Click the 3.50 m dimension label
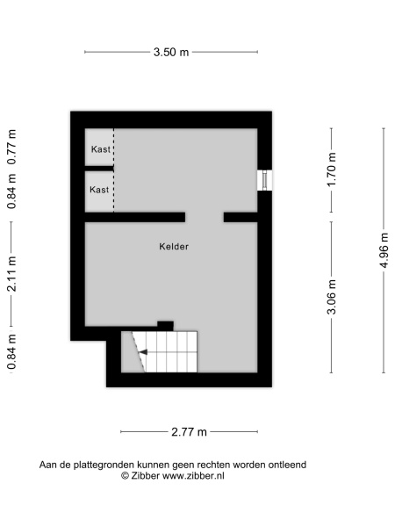pos(171,52)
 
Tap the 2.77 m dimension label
pos(189,432)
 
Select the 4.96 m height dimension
pos(384,250)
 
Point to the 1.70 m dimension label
pos(332,170)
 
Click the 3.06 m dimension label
pos(332,297)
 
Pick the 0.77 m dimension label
pos(11,147)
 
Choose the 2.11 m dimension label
pos(11,273)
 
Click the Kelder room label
pos(174,247)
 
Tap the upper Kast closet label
pos(101,149)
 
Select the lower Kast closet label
pos(99,190)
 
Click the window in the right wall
pos(265,180)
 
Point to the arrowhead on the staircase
pos(143,352)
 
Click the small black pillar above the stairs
pos(166,326)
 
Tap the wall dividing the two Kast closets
pos(99,169)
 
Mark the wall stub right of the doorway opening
pos(241,217)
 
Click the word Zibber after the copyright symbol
pos(145,476)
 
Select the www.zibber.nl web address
pos(193,476)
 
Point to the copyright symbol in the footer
pos(125,476)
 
